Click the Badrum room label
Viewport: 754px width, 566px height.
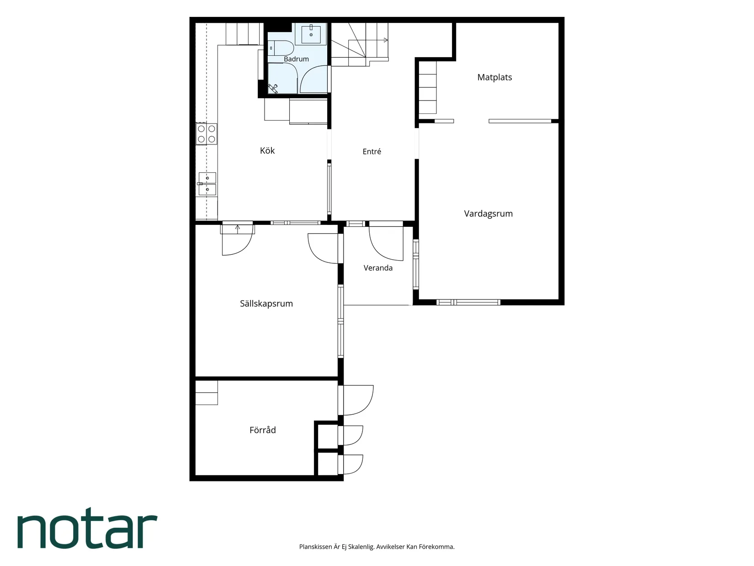[296, 59]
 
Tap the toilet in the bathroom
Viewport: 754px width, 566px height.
[281, 48]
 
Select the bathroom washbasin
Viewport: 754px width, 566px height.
[311, 34]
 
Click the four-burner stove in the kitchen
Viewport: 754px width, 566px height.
[207, 134]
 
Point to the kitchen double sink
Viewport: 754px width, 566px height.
[207, 184]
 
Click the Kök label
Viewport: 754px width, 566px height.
[267, 150]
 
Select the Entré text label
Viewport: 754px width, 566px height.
[372, 151]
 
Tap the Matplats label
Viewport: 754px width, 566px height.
[494, 77]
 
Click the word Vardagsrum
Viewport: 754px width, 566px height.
[488, 214]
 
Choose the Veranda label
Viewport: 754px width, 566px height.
[378, 268]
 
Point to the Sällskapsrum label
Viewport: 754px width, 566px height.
[266, 304]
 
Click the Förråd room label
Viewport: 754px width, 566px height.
[262, 430]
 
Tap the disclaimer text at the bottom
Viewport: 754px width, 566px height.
[377, 546]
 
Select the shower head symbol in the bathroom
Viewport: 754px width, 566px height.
[273, 88]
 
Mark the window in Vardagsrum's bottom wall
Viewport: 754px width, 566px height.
[468, 302]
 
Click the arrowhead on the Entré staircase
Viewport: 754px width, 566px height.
[386, 40]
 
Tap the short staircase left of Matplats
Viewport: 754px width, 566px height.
[428, 87]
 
